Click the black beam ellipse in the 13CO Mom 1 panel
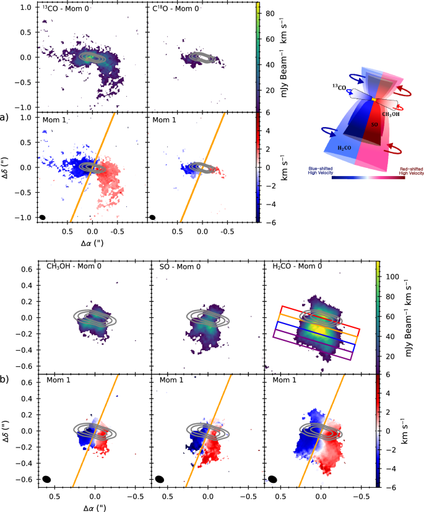[x=43, y=217]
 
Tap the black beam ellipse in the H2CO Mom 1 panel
[x=272, y=479]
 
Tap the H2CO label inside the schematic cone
[x=344, y=149]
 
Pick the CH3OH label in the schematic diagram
[x=391, y=113]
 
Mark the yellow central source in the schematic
[x=373, y=99]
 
